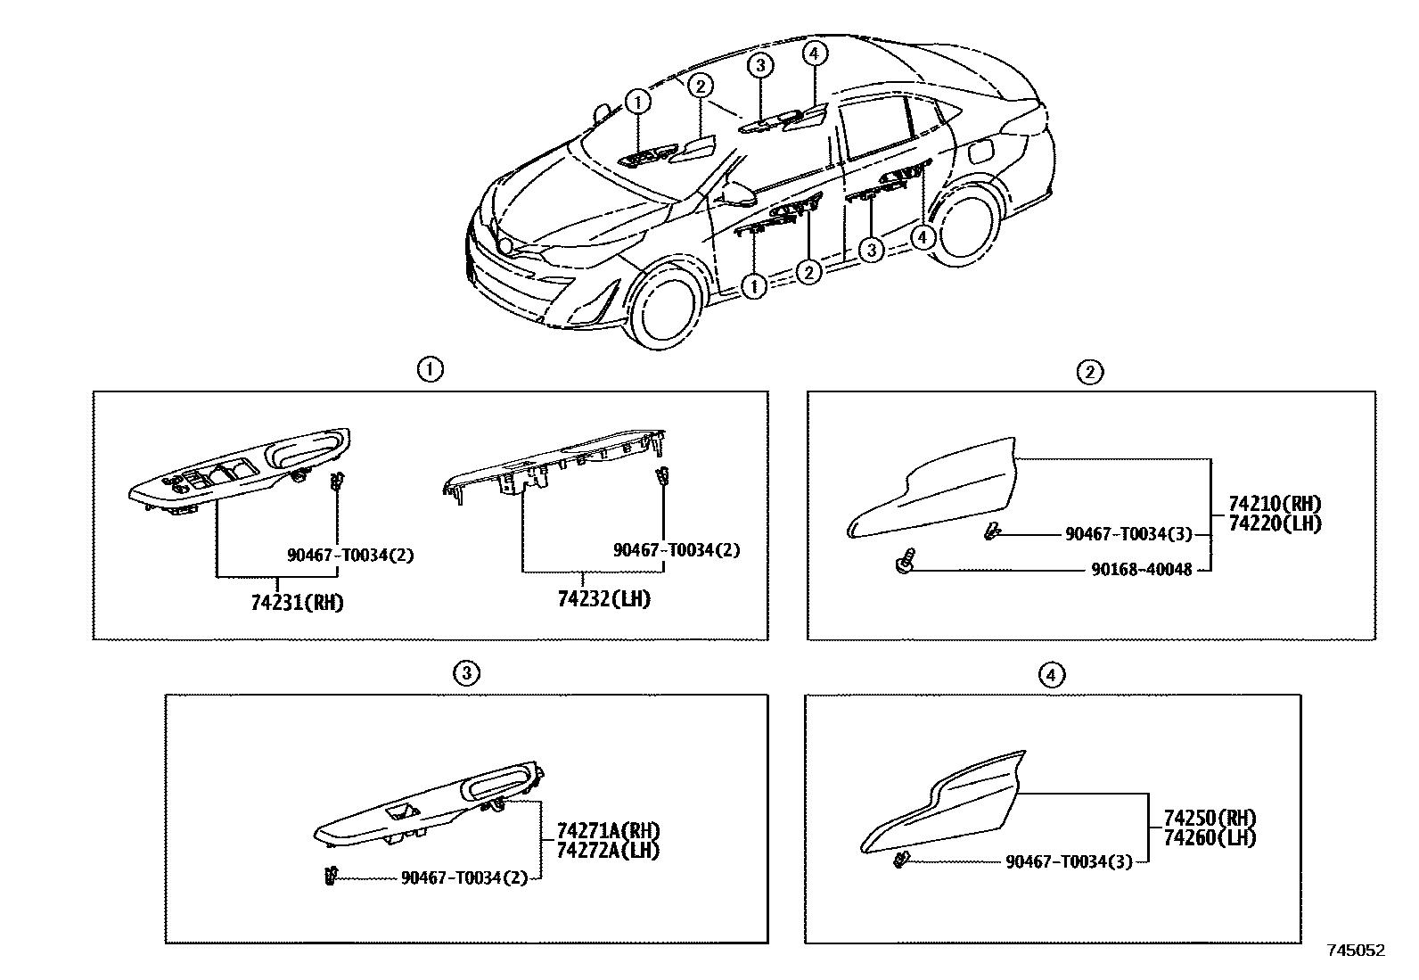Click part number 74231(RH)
[297, 602]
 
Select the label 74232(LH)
[603, 599]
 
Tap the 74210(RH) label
[1275, 504]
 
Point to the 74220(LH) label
[1275, 523]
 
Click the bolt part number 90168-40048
[1142, 569]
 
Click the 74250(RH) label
[1210, 818]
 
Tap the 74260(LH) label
[1210, 837]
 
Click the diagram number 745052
[1356, 951]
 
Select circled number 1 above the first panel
[430, 369]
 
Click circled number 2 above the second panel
[1090, 372]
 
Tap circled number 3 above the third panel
[466, 673]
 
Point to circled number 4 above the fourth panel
[1052, 675]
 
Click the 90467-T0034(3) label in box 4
[1069, 861]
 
